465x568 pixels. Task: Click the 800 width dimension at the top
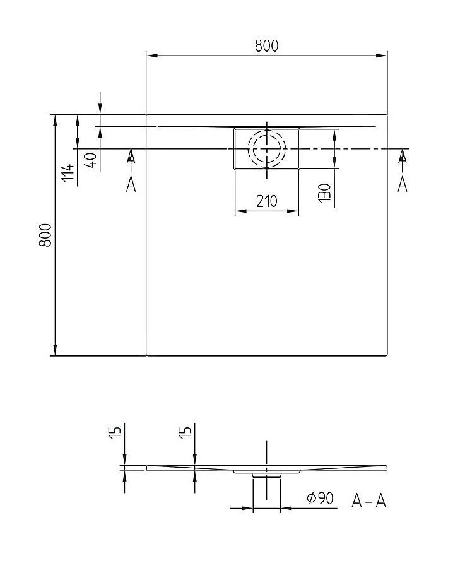point(266,45)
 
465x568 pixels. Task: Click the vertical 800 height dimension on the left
point(45,235)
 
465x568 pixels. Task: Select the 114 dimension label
point(68,172)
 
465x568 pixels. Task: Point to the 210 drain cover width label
point(266,201)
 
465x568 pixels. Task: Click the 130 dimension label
point(324,192)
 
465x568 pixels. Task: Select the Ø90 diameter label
point(319,499)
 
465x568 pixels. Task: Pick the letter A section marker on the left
point(131,184)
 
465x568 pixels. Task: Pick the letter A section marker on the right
point(403,184)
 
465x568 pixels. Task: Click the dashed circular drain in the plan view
point(266,148)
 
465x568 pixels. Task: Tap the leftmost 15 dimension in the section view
point(115,433)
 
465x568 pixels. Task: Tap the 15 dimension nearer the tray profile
point(185,433)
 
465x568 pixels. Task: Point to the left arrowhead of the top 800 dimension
point(151,56)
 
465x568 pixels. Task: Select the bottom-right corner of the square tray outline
point(387,355)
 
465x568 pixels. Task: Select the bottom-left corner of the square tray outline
point(147,355)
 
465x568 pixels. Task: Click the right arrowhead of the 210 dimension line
point(294,211)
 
